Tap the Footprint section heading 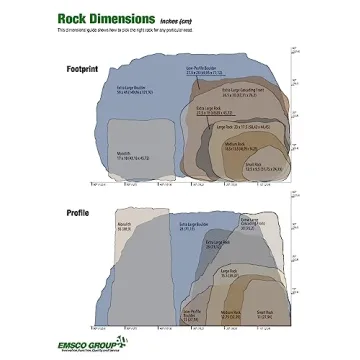[82, 68]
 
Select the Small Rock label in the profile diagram [264, 313]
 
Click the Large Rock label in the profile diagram [227, 272]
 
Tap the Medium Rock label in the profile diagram [232, 313]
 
